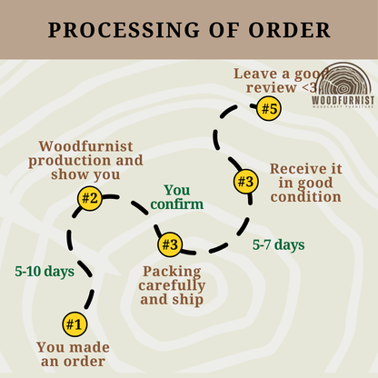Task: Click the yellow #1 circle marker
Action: [75, 324]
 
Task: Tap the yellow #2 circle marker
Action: [90, 199]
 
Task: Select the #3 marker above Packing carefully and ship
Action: [170, 244]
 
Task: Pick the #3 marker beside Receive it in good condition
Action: [245, 182]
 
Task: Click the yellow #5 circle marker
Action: [269, 108]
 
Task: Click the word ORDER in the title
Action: [289, 30]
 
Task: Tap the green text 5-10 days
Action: [45, 272]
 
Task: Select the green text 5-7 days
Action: [279, 244]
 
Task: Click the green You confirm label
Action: [177, 197]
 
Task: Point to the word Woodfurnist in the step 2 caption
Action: [85, 146]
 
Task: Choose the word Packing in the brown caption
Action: [172, 272]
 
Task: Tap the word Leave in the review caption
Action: [255, 74]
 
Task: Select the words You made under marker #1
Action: [74, 347]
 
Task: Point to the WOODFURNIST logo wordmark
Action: [343, 100]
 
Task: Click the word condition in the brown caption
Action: [306, 197]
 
